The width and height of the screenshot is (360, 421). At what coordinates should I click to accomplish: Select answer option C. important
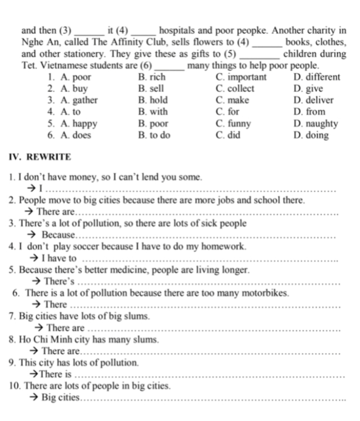[242, 77]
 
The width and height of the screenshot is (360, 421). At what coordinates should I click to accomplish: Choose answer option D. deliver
[313, 100]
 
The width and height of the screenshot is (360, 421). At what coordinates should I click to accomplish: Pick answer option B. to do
[154, 135]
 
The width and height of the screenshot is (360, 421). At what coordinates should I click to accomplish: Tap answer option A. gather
[79, 100]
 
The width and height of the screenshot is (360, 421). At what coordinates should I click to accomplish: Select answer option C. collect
[235, 89]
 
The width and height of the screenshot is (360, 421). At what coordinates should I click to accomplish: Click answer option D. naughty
[315, 124]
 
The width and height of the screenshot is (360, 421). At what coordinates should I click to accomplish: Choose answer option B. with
[153, 112]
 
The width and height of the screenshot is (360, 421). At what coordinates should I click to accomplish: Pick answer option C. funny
[233, 124]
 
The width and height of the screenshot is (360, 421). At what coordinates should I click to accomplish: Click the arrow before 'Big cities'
[33, 398]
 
